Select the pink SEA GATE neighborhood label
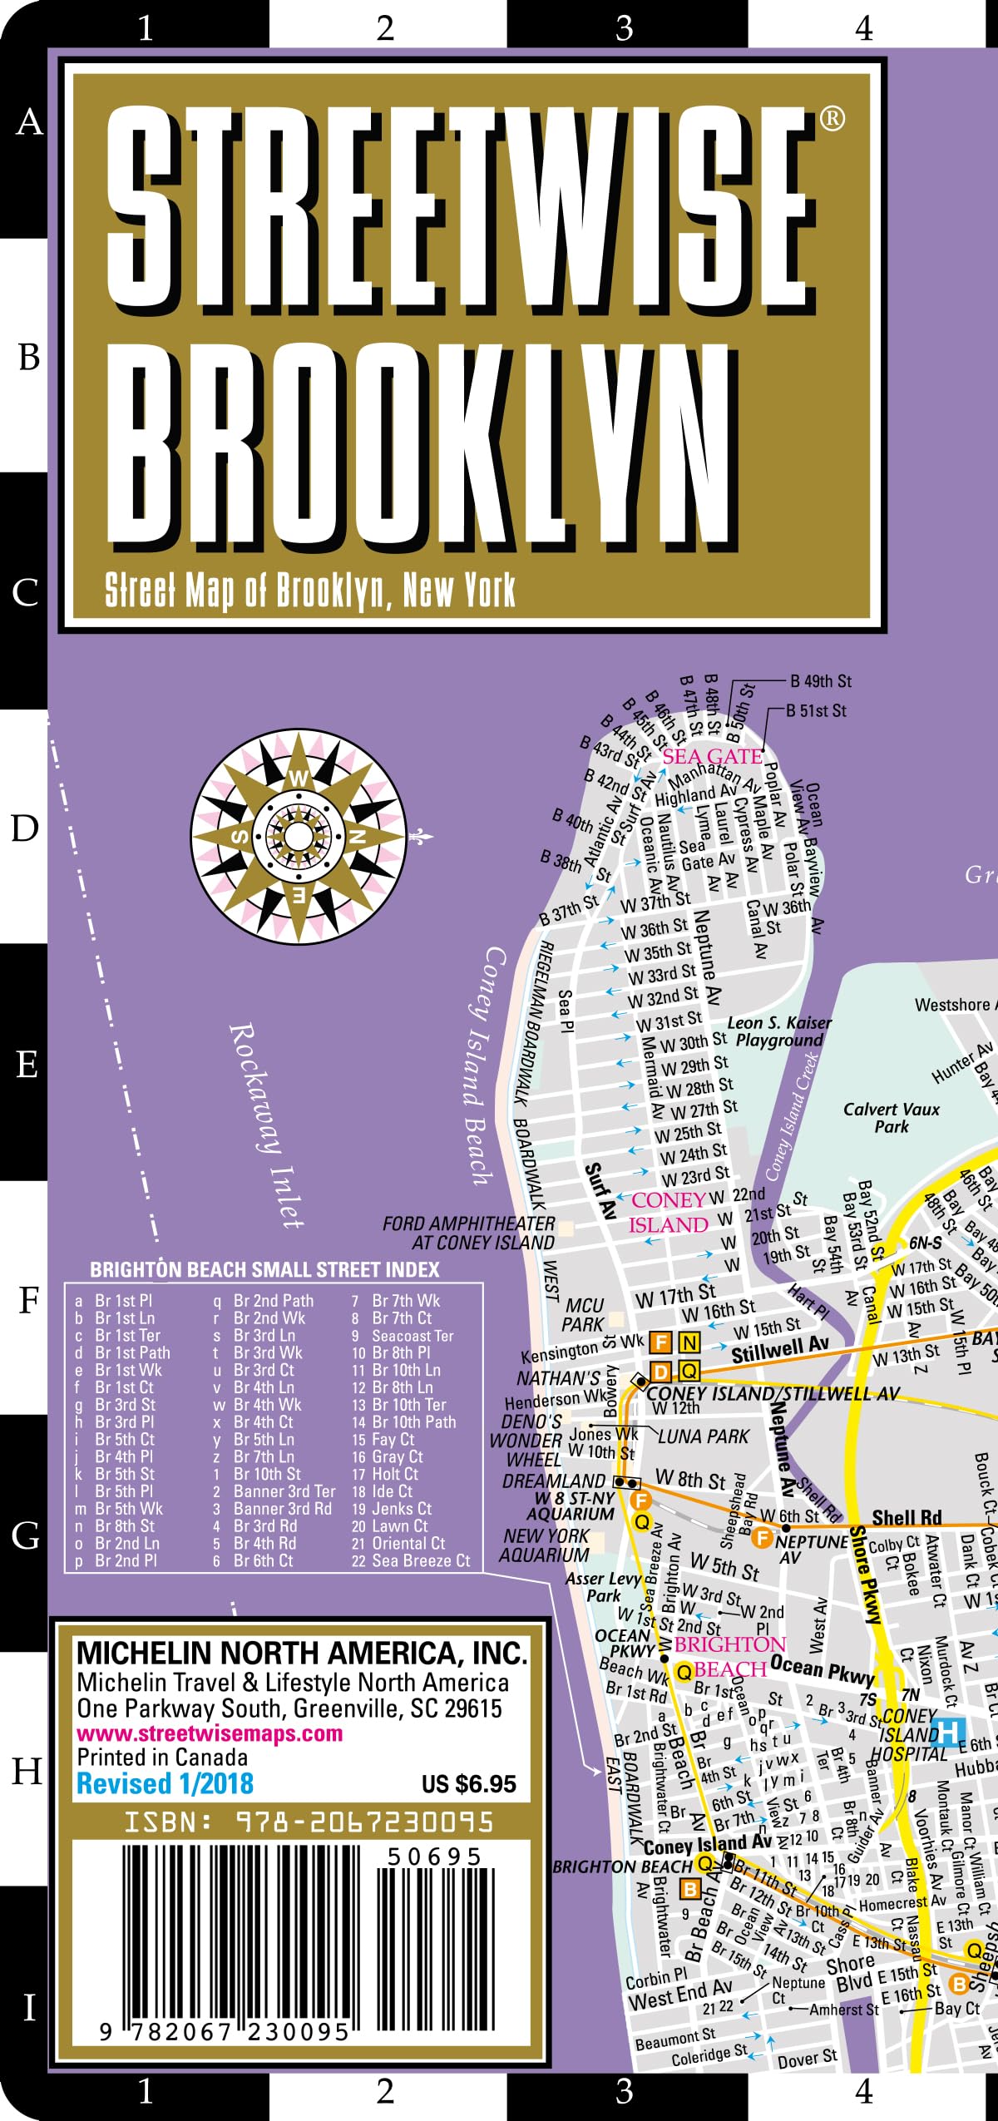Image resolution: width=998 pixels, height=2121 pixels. tap(712, 756)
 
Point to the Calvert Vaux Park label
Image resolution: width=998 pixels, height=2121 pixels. tap(892, 1118)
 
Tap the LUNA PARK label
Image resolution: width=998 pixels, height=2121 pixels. tap(704, 1436)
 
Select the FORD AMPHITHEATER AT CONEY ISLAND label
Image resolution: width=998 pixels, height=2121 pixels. tap(470, 1233)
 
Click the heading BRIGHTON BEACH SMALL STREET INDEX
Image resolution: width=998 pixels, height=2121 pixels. tap(264, 1269)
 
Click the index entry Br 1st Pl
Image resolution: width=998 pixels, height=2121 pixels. tap(122, 1300)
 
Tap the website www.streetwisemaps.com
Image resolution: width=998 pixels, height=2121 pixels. tap(210, 1733)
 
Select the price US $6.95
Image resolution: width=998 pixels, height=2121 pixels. tap(468, 1784)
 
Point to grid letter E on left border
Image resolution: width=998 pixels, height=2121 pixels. tap(27, 1064)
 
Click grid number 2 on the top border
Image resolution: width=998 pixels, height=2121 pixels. tap(384, 27)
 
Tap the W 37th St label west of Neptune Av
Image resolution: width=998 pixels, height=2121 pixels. tap(655, 901)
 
